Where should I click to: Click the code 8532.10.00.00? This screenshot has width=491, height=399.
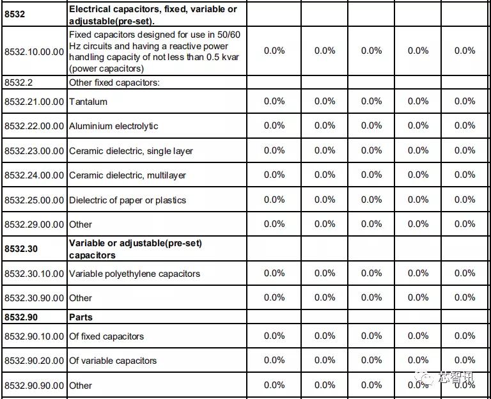coord(34,51)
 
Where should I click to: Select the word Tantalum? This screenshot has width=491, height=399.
coord(88,102)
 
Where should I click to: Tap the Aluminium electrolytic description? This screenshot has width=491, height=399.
coord(113,126)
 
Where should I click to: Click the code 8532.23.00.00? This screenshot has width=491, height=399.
coord(34,151)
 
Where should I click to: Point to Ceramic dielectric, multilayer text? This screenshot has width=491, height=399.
coord(127,175)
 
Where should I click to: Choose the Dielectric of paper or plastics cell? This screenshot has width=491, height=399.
coord(127,200)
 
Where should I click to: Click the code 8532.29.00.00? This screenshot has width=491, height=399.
coord(34,224)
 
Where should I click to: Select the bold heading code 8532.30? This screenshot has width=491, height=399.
coord(21,249)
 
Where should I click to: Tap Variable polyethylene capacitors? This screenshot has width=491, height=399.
coord(134,274)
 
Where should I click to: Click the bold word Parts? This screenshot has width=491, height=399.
coord(81,317)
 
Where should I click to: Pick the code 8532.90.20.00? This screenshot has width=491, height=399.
coord(34,361)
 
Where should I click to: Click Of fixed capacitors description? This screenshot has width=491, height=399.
coord(106,336)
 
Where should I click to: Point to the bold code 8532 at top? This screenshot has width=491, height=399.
coord(15,14)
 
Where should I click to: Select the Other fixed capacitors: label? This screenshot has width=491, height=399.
coord(114,82)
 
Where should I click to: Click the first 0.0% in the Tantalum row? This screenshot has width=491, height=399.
coord(274,101)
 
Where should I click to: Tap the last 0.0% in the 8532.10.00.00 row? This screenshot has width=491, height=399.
coord(465,51)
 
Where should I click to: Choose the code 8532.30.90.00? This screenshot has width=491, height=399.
coord(34,298)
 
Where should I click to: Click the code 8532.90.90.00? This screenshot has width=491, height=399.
coord(34,386)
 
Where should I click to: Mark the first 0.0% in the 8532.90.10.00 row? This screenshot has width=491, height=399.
coord(274,336)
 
